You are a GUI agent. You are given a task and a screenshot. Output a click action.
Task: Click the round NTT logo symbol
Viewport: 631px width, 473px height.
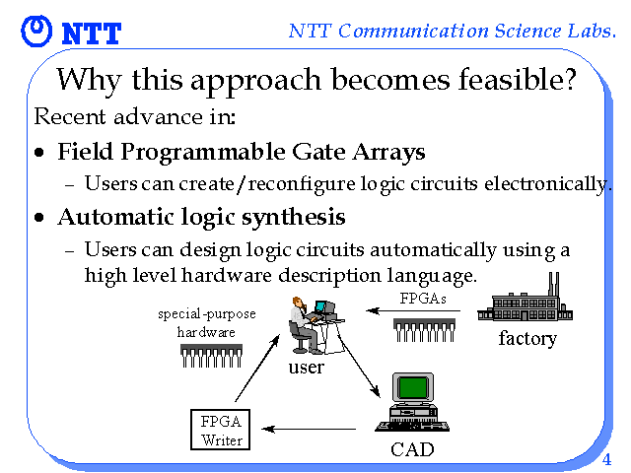[x=36, y=31]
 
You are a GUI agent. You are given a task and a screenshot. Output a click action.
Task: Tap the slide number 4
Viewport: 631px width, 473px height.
[x=606, y=459]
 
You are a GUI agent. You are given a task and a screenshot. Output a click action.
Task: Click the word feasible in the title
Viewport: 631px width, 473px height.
[x=518, y=79]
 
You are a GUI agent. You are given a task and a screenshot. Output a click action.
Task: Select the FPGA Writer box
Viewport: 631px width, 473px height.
[x=220, y=430]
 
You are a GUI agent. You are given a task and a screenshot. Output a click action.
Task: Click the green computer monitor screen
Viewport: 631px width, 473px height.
[x=412, y=387]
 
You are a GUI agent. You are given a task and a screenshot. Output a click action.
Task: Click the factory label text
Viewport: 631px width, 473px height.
[x=527, y=339]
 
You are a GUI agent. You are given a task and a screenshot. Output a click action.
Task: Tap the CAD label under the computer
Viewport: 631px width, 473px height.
[x=412, y=449]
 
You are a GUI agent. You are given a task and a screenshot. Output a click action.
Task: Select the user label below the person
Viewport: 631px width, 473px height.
[x=306, y=368]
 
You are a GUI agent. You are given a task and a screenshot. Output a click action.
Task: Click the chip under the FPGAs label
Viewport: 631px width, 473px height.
[x=424, y=330]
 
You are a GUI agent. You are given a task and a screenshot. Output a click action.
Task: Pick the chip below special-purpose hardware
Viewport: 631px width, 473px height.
[x=211, y=356]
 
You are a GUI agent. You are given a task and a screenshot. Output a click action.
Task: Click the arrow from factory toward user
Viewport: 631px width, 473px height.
[x=413, y=311]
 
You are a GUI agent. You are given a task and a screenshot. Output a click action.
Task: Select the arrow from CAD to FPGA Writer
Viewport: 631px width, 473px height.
[x=309, y=430]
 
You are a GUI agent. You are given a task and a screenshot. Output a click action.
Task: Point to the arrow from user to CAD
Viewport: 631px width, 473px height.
[x=360, y=366]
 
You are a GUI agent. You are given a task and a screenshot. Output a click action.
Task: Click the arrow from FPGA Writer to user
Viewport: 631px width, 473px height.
[x=257, y=368]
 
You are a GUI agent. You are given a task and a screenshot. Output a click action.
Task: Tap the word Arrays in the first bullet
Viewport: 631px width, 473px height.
[x=388, y=153]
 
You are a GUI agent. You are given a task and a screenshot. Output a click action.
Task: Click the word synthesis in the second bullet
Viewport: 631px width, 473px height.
[x=294, y=218]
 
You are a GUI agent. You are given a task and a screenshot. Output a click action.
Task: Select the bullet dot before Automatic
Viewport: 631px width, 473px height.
[x=39, y=218]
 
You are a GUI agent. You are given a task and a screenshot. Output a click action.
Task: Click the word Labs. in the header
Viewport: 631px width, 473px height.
[x=592, y=31]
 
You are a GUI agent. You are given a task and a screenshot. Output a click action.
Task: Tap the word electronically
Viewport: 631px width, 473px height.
[x=548, y=185]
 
